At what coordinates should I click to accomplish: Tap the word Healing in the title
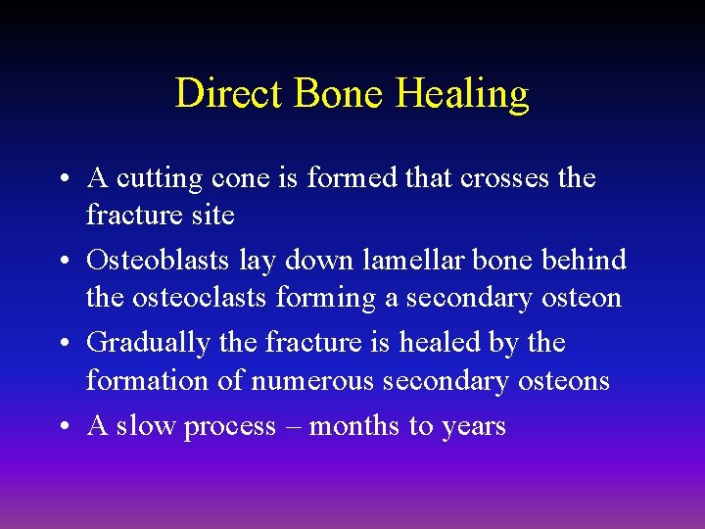pyautogui.click(x=462, y=94)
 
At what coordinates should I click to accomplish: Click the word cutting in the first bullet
pyautogui.click(x=159, y=178)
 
